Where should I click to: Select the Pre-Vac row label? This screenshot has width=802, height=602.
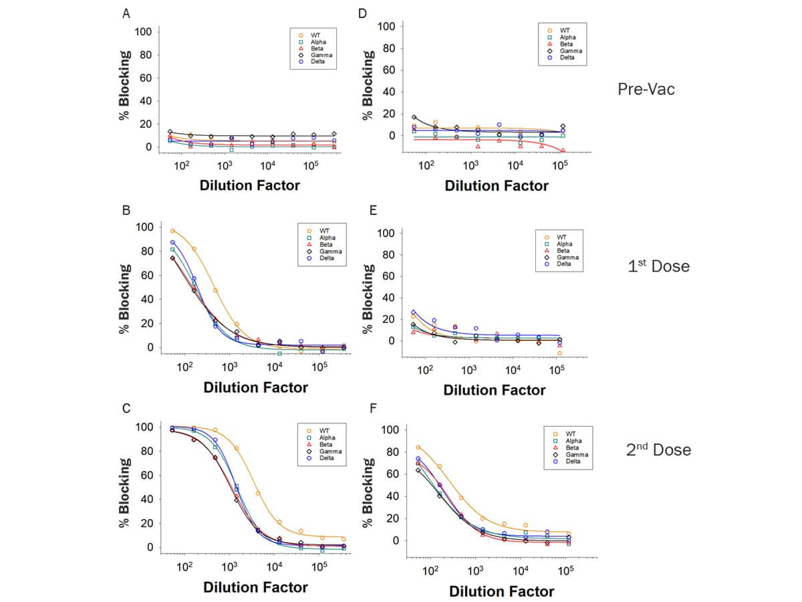pos(646,89)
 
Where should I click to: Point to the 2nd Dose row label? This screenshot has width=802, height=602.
pos(658,450)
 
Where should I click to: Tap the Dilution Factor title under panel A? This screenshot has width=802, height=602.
pos(249,185)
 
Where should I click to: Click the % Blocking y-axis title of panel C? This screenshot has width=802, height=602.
pos(125,492)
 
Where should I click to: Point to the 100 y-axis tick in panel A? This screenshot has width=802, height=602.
pos(145,31)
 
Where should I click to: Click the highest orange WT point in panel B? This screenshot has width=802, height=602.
pos(172,231)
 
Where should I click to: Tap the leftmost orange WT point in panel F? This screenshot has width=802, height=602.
pos(418,447)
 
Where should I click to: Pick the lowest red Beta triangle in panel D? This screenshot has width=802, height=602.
pos(562,150)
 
